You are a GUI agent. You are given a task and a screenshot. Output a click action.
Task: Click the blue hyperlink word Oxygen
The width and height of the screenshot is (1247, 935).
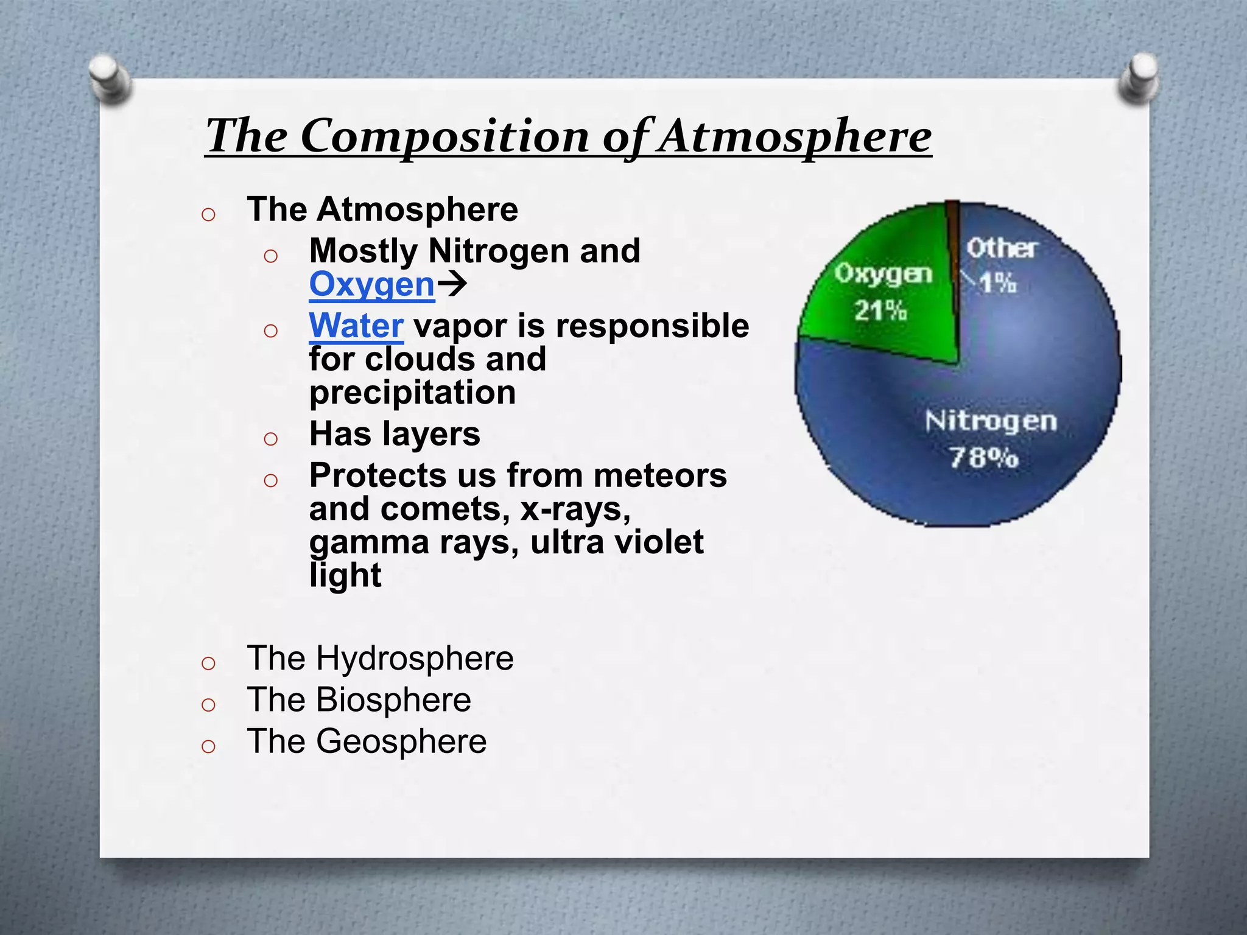point(371,284)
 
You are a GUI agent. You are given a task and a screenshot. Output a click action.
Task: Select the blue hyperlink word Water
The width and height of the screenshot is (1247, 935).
point(356,326)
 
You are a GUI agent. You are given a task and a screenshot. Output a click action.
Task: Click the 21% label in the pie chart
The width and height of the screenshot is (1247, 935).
point(880,310)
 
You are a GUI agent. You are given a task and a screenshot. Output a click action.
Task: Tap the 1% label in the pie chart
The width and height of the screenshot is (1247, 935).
point(999,282)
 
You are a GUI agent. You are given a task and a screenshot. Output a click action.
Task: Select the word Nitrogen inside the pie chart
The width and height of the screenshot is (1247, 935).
point(991,421)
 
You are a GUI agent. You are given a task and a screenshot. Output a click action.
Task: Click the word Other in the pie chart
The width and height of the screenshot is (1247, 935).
point(1002,248)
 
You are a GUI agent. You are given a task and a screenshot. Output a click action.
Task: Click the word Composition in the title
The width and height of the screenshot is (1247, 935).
point(444,136)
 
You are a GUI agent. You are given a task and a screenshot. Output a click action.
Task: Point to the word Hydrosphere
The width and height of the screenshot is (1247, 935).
point(414,659)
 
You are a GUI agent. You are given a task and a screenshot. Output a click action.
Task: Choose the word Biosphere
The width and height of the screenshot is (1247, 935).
point(393,700)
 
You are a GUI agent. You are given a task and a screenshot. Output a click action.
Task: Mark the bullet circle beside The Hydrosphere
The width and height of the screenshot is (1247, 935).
point(208,663)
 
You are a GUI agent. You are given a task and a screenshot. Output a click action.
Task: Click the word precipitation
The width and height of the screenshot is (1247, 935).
point(412,393)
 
